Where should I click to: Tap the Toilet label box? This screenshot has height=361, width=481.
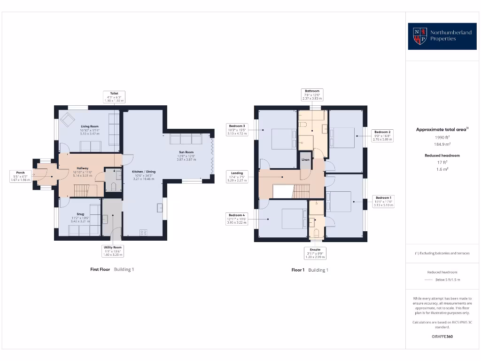tap(114, 97)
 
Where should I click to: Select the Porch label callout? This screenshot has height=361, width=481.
tap(21, 176)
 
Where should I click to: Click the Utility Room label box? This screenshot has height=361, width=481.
tap(112, 251)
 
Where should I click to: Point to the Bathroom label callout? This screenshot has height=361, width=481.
tap(312, 94)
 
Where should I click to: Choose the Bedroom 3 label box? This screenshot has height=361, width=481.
tap(237, 129)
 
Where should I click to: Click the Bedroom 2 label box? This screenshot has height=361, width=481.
tap(382, 135)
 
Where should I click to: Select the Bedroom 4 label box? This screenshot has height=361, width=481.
tap(237, 219)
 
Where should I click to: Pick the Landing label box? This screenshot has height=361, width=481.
tap(237, 176)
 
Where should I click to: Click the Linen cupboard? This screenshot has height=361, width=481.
tap(305, 160)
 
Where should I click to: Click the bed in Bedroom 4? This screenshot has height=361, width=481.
tap(292, 219)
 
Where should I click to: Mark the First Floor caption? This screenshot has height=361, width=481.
tap(100, 269)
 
